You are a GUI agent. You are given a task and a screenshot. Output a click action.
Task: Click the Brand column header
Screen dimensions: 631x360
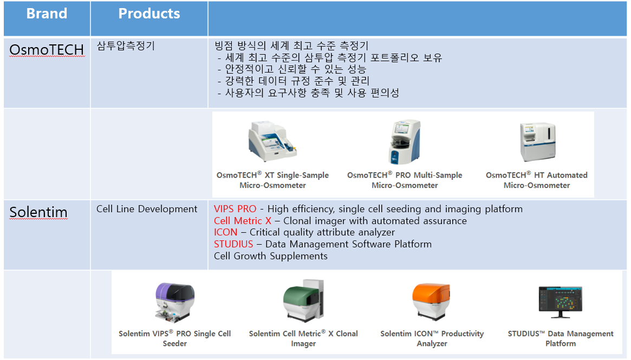(x=47, y=14)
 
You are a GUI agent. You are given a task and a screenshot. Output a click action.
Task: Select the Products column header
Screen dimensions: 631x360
(x=149, y=14)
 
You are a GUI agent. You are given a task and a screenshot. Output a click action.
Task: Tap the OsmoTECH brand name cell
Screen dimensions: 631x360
(x=47, y=50)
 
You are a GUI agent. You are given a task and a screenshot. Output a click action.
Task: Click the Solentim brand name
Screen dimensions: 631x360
(x=38, y=212)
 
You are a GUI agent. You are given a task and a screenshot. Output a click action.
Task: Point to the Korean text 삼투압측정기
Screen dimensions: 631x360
(x=126, y=46)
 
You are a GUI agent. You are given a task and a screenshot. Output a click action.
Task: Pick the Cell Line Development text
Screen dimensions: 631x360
(x=147, y=209)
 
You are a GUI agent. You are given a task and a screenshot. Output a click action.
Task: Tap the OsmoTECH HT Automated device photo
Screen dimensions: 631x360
(x=538, y=142)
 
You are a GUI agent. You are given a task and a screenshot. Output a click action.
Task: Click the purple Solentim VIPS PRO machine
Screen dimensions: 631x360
(x=175, y=302)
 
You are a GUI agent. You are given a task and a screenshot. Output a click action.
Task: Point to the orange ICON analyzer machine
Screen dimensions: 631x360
(x=431, y=302)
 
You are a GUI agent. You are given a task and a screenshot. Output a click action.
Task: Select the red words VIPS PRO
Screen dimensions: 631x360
(x=235, y=209)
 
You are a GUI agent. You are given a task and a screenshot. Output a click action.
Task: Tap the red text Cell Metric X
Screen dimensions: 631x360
(x=243, y=221)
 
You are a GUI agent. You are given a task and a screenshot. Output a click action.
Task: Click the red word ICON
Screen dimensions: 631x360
(x=226, y=232)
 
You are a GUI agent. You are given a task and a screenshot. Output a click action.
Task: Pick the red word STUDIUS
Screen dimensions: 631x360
(x=233, y=244)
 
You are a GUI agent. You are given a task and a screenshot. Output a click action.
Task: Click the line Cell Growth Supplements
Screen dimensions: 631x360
(x=271, y=256)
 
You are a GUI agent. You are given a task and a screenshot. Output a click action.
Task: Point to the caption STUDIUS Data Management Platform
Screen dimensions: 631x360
(x=561, y=338)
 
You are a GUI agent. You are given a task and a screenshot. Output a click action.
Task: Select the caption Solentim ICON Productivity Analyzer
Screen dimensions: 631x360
(x=432, y=338)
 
